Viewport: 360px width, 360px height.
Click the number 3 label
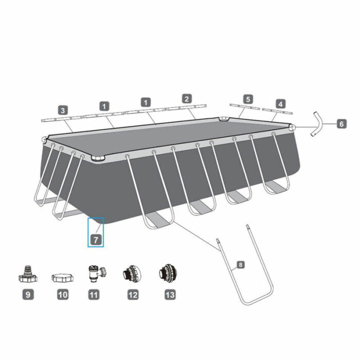tap(63, 110)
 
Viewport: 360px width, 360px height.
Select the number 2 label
tap(187, 98)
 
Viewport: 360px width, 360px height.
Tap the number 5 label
tap(248, 98)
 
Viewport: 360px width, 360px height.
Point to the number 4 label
tap(280, 103)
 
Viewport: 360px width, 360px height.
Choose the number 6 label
tap(341, 123)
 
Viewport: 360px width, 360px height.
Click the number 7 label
tap(96, 240)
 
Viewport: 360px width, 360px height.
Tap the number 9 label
tap(27, 295)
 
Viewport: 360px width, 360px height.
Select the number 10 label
tap(63, 295)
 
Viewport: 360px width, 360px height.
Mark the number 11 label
tap(94, 295)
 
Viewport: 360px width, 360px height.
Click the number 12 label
tap(133, 295)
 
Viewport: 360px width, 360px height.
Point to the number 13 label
tap(170, 295)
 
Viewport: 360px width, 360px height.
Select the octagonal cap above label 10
tap(62, 278)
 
